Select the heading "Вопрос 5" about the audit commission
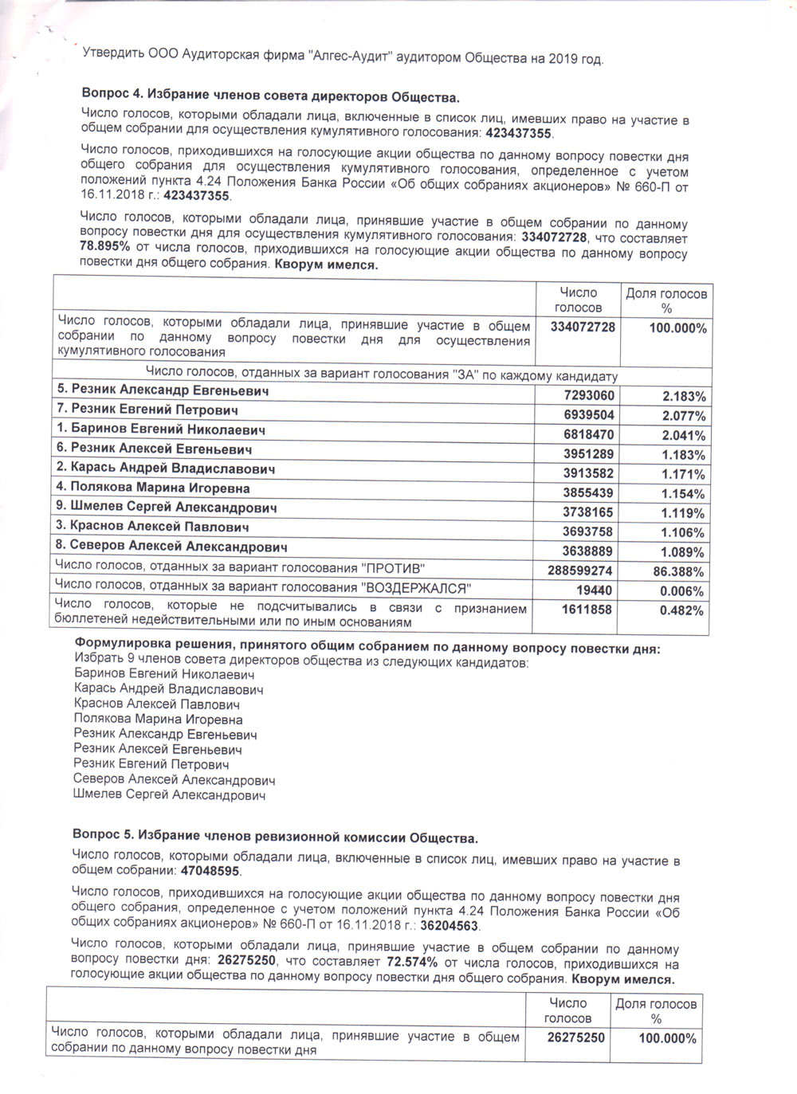click(275, 837)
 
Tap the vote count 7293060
click(589, 396)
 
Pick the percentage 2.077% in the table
click(683, 416)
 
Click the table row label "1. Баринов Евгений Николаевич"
click(160, 429)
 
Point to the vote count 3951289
click(589, 455)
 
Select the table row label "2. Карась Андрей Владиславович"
click(165, 469)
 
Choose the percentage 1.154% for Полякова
click(683, 494)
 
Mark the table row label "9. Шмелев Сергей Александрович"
click(166, 508)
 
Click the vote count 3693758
click(589, 532)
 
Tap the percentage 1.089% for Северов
click(683, 552)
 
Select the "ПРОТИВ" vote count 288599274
click(579, 571)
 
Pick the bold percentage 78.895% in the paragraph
click(104, 246)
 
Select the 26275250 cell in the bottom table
click(575, 1037)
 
